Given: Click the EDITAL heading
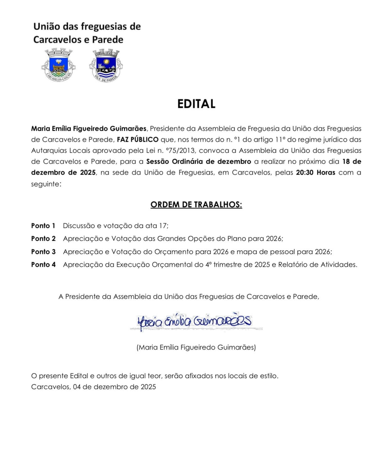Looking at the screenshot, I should (196, 104).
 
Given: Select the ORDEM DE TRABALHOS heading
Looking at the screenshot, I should (196, 205).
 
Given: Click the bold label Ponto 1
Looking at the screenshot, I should (43, 226).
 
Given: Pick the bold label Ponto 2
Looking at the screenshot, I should (43, 239).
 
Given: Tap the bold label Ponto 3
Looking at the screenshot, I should (43, 252).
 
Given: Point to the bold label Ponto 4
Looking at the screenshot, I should (43, 265).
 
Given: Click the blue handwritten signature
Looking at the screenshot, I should (194, 321).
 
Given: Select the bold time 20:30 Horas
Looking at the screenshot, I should (315, 172).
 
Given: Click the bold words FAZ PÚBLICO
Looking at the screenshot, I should (138, 139).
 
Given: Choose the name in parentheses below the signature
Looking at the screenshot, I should (196, 347).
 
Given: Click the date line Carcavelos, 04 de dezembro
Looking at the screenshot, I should (93, 387).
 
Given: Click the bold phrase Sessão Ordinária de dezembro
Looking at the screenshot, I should (199, 161).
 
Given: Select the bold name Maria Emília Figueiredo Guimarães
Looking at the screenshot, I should (89, 129).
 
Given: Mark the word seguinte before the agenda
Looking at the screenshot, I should (45, 184).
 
